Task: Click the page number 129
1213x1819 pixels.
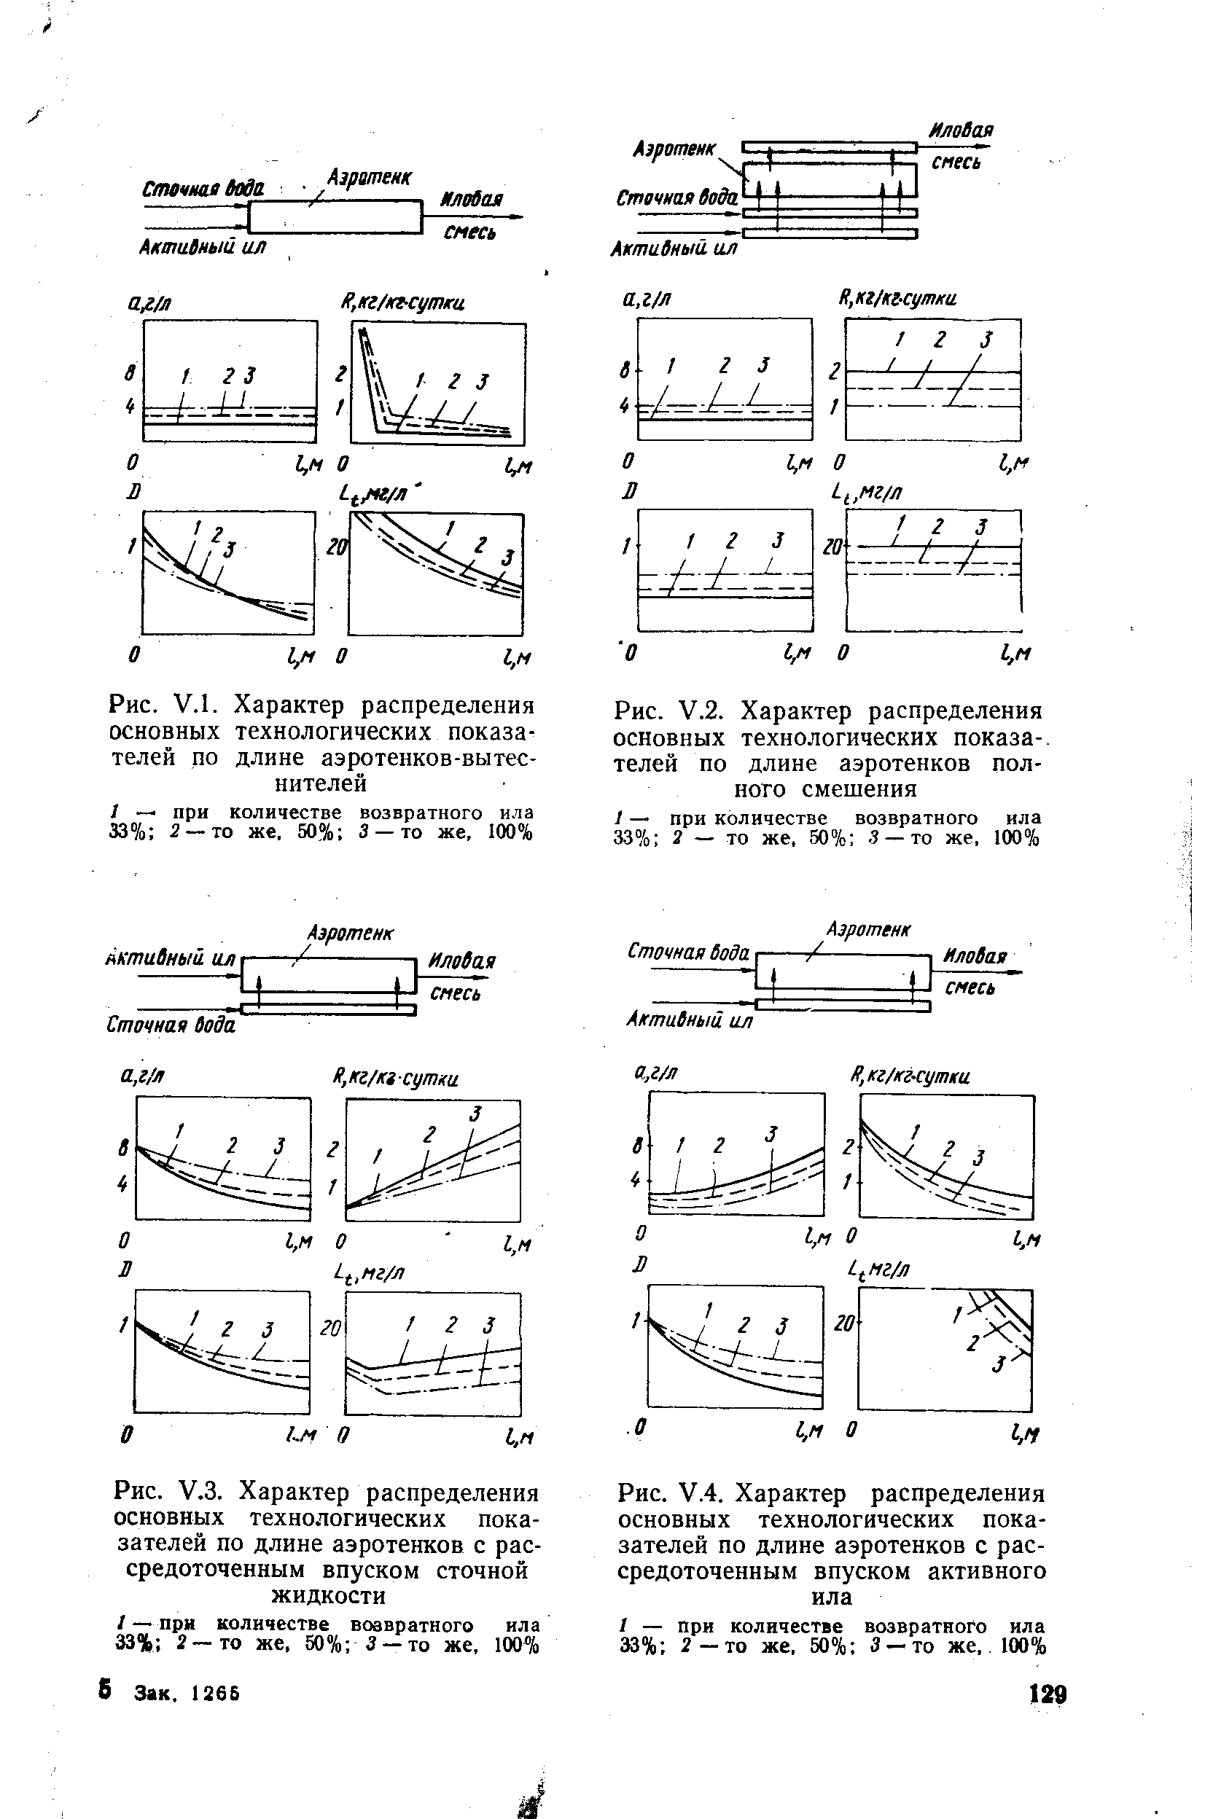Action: [x=1048, y=1694]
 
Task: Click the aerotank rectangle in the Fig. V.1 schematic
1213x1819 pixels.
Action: [x=334, y=216]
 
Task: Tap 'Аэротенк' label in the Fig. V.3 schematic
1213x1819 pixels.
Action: [x=350, y=934]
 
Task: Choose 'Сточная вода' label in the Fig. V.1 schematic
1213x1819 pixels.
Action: [x=203, y=189]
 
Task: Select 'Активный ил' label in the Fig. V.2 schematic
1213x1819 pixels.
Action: [x=674, y=249]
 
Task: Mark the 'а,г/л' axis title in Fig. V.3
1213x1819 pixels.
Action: [x=144, y=1075]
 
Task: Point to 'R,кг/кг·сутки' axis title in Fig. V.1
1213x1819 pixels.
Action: [x=402, y=303]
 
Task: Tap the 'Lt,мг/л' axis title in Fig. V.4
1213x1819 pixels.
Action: [x=880, y=1269]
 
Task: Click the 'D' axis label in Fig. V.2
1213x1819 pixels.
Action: [x=633, y=491]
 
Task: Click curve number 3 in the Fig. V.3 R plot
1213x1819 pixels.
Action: [x=475, y=1114]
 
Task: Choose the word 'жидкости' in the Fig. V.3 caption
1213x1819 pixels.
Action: [x=328, y=1595]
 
